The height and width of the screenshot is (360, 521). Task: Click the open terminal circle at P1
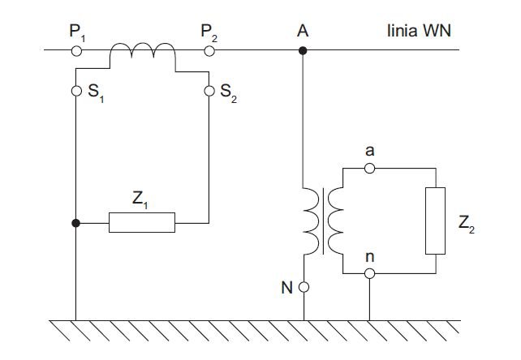coord(76,51)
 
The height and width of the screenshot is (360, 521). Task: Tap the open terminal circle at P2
coord(209,51)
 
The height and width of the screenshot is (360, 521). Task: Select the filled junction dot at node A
coord(303,51)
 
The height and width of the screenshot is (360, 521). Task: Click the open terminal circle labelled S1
coord(76,91)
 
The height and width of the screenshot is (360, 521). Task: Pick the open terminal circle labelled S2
coord(209,91)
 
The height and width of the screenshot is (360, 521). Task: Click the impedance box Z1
coord(142,222)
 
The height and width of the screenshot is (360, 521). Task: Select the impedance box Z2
coord(435,221)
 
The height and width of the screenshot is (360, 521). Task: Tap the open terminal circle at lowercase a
coord(369,169)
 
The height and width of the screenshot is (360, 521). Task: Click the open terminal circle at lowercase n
coord(369,274)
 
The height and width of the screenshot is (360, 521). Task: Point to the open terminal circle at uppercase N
coord(304,287)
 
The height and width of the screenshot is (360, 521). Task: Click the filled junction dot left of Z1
coord(75,223)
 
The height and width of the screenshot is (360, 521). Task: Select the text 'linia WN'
coord(419,31)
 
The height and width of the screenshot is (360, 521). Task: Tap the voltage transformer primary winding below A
coord(312,221)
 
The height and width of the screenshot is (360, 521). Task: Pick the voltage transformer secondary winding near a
coord(336,221)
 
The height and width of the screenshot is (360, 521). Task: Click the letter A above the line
coord(303,31)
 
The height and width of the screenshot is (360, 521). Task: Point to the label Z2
coord(467,224)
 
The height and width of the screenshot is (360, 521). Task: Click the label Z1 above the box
coord(140,199)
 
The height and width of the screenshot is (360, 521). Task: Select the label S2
coord(229,92)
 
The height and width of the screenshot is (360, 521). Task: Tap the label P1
coord(77,33)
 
